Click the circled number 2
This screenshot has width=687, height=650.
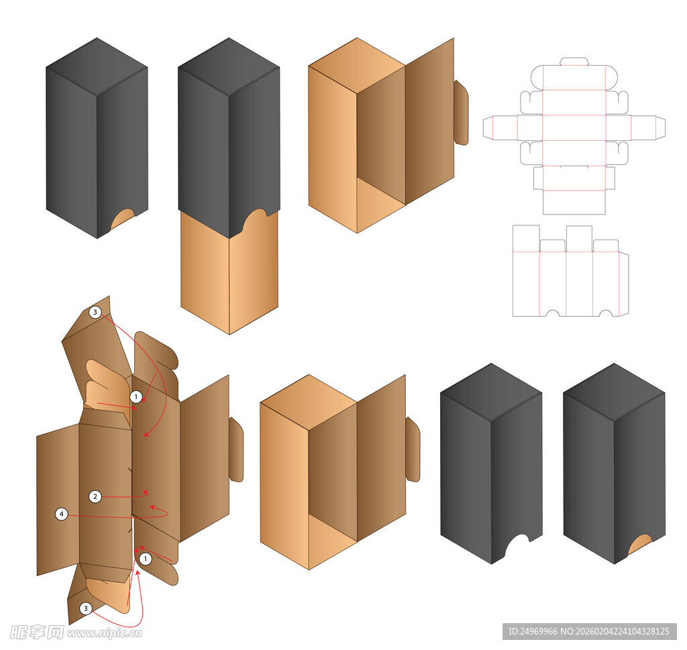coord(95,496)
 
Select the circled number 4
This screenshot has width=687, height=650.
coord(62,514)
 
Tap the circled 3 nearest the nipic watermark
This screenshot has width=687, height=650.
coord(86,608)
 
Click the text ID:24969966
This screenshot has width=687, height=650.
coord(533,631)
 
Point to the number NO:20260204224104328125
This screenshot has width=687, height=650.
coord(615,631)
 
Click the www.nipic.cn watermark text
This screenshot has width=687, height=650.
coord(105,633)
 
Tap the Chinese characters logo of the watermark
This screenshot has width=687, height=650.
coord(37,633)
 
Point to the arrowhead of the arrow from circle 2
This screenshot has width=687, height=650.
coord(146,493)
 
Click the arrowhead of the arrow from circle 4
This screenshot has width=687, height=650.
coord(153,508)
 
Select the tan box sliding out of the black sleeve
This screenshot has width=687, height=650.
coord(229,272)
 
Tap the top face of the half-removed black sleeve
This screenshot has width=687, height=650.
coord(229,66)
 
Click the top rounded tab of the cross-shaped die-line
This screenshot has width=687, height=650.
coord(574,61)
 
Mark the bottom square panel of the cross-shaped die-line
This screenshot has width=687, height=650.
coord(574,203)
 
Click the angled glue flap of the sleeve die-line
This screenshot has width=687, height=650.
coord(624,284)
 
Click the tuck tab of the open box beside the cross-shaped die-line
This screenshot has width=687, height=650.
coord(462,113)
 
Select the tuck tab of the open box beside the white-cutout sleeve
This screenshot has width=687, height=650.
coord(413,449)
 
